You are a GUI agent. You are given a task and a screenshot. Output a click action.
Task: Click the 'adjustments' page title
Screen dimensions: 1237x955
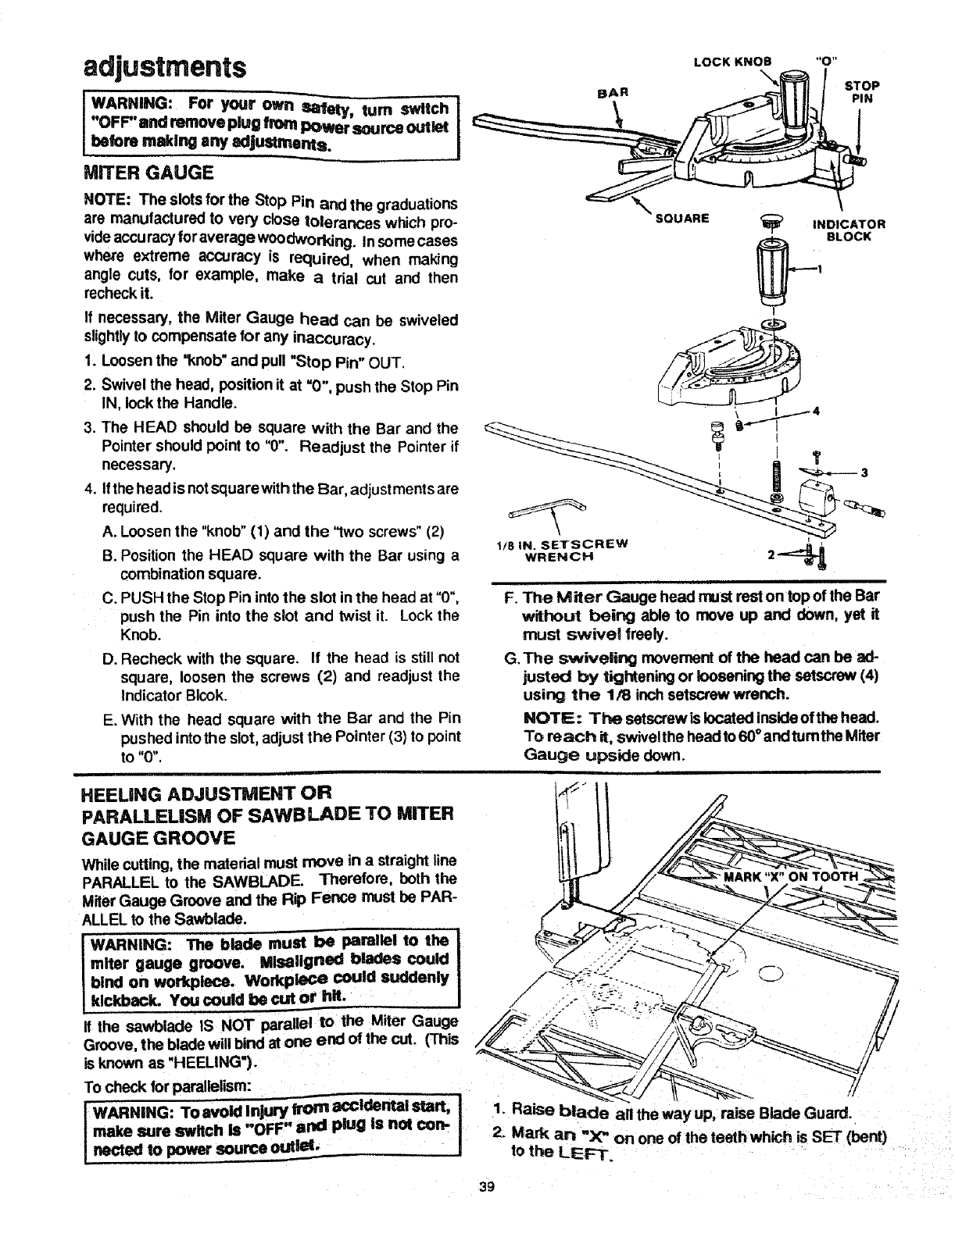(164, 66)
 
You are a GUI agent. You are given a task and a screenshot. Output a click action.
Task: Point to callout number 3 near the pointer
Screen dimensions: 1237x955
(864, 472)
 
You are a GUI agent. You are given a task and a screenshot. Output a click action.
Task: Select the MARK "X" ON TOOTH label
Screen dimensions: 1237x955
(792, 876)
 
